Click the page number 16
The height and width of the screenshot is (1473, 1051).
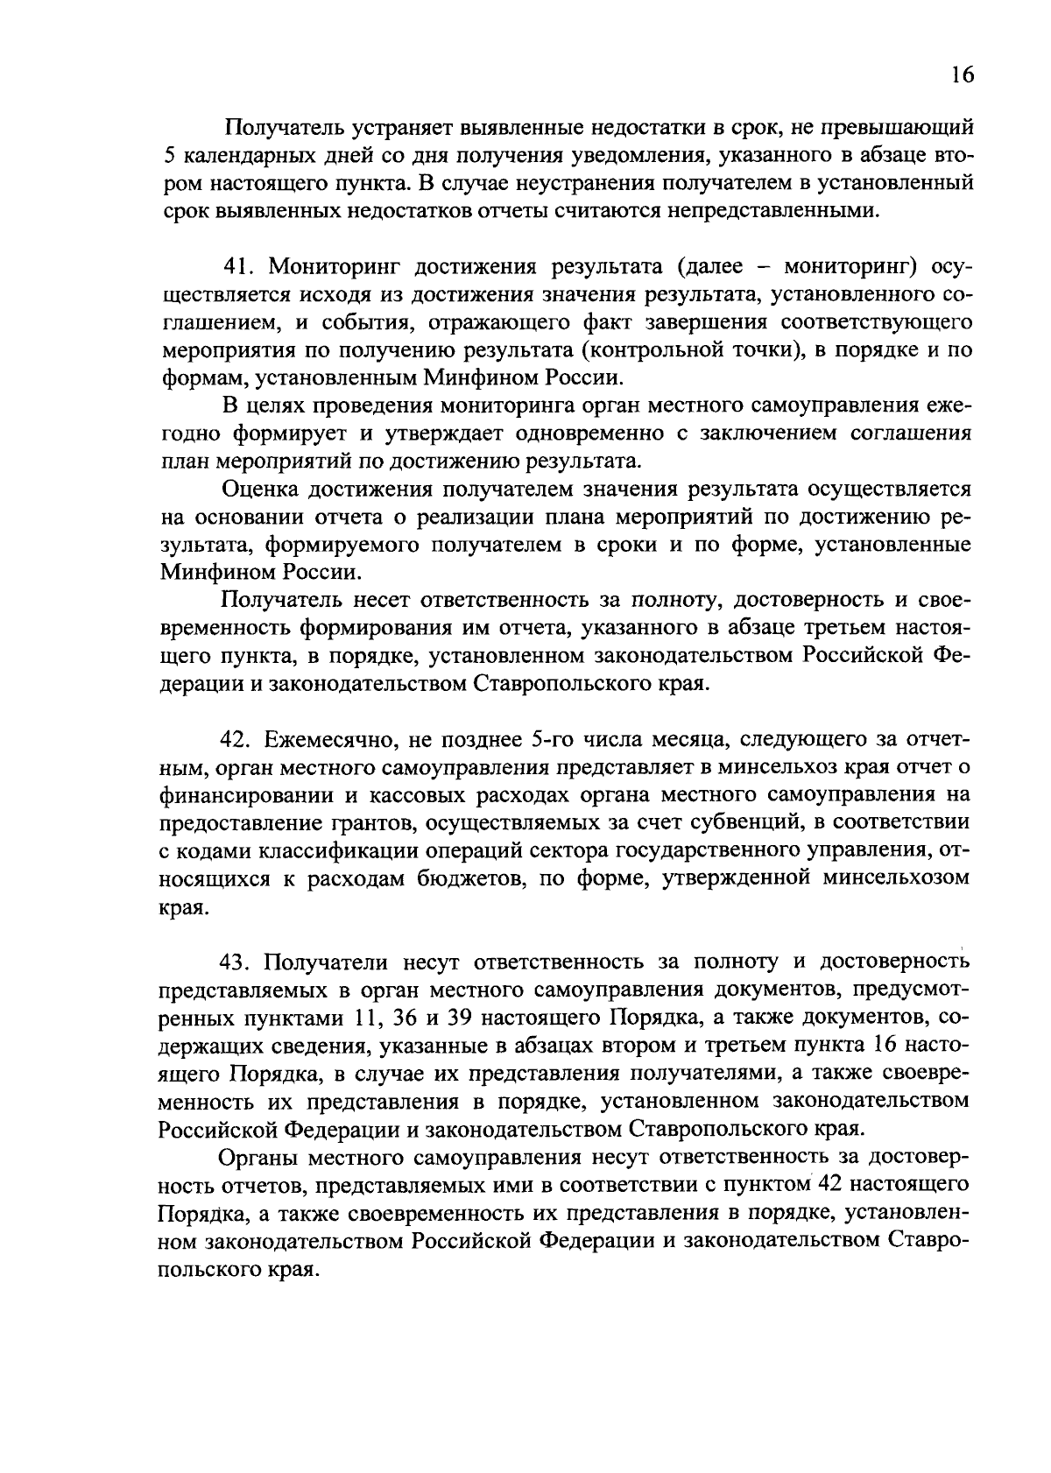point(962,75)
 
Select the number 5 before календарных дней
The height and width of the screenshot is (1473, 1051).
point(168,156)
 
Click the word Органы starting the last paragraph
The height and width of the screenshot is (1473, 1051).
point(262,1158)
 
